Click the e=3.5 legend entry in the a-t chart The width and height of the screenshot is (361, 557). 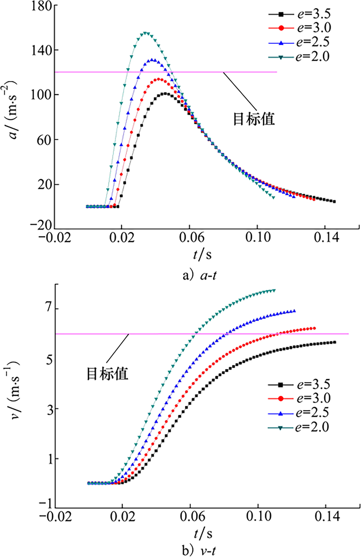click(299, 14)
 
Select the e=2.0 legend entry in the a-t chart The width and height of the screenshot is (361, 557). click(299, 57)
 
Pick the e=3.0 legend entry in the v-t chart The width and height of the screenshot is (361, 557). click(299, 398)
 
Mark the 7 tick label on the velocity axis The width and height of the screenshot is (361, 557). click(49, 309)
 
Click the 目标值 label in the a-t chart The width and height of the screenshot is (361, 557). click(254, 119)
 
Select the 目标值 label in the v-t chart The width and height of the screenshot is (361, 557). click(107, 373)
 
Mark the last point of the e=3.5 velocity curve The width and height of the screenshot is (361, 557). click(335, 342)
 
